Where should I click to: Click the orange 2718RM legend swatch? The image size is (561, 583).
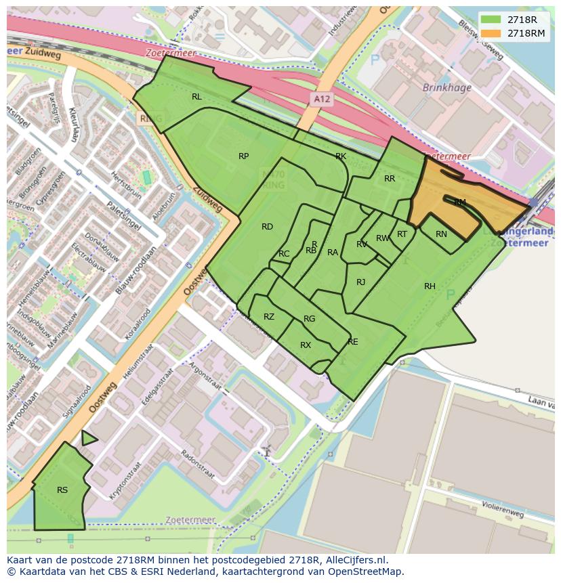[x=491, y=33]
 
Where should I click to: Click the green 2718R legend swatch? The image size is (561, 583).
[x=491, y=20]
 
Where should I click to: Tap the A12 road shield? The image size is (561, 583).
[x=323, y=99]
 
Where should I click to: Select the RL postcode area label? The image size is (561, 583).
[x=196, y=97]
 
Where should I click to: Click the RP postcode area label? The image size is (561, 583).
[x=243, y=156]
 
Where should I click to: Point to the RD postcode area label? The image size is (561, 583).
[x=267, y=227]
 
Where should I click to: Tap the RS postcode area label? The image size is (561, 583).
[x=62, y=490]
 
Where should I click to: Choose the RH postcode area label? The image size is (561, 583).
[x=430, y=286]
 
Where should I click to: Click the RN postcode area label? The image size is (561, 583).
[x=441, y=234]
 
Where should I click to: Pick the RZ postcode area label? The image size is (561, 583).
[x=269, y=317]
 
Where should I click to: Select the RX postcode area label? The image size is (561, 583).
[x=306, y=345]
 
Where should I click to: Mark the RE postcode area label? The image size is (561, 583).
[x=352, y=342]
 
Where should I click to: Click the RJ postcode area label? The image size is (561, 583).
[x=360, y=282]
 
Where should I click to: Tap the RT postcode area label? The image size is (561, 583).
[x=402, y=234]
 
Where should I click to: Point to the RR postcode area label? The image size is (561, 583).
[x=390, y=179]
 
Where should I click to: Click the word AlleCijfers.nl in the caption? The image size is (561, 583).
[x=353, y=560]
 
